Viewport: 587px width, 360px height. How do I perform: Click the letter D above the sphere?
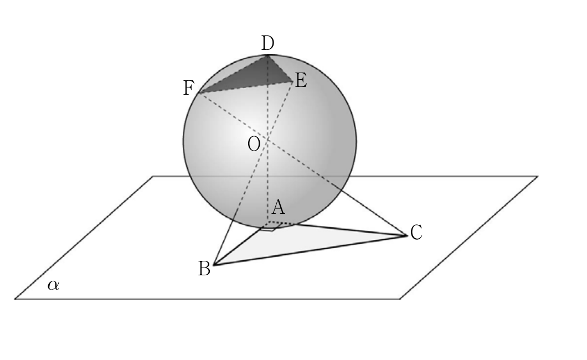[267, 43]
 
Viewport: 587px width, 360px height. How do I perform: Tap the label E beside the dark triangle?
[301, 80]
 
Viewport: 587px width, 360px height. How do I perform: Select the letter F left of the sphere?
[189, 88]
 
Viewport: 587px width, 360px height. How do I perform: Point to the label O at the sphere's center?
[254, 143]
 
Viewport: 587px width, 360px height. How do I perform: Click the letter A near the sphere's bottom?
[278, 207]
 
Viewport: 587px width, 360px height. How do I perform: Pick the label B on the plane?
[204, 269]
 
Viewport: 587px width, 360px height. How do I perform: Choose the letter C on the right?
[416, 233]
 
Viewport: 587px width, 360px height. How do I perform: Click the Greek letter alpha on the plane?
[53, 285]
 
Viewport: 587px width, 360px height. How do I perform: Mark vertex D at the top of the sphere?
[267, 55]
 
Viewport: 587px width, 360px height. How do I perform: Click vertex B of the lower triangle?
[214, 265]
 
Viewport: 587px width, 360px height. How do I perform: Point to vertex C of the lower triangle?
[408, 235]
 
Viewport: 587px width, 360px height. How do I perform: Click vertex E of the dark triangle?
[292, 82]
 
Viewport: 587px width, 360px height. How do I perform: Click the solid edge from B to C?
[311, 250]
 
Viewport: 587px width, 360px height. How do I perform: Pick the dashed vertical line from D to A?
[267, 138]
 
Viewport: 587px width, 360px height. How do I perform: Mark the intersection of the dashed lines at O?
[267, 140]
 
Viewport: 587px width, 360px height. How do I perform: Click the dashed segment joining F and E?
[245, 88]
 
